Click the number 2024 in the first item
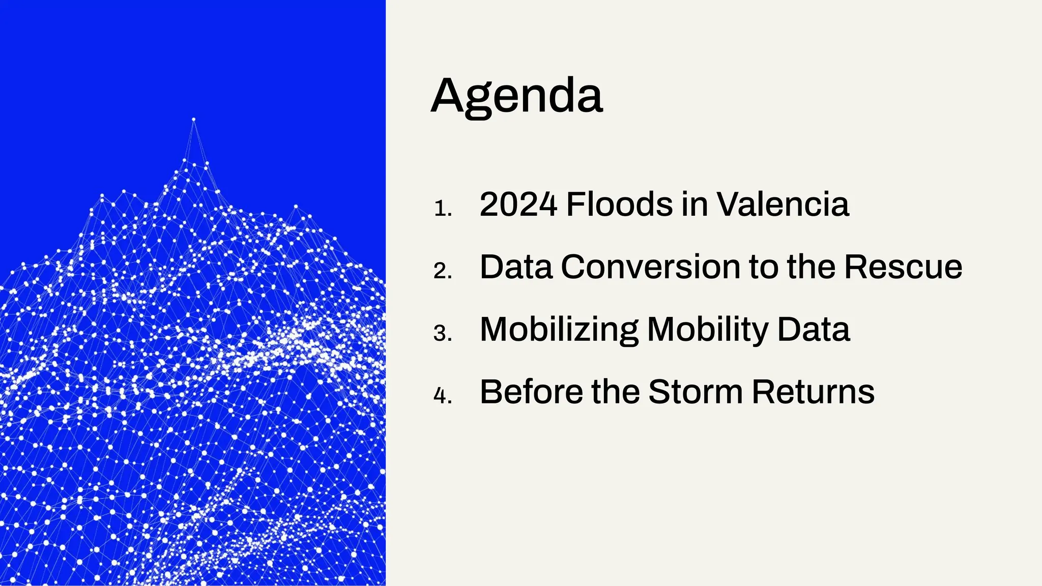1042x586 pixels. [x=518, y=204]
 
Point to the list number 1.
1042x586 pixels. [x=442, y=209]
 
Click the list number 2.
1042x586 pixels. [x=442, y=271]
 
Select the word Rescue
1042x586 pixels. [x=903, y=267]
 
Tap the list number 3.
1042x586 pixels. [x=442, y=334]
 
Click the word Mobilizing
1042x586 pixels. [x=559, y=330]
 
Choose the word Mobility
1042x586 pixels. [x=707, y=330]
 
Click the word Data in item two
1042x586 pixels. [x=516, y=267]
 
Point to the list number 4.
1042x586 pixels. [x=442, y=396]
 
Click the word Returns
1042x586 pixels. [x=813, y=392]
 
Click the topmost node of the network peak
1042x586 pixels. [x=193, y=120]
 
